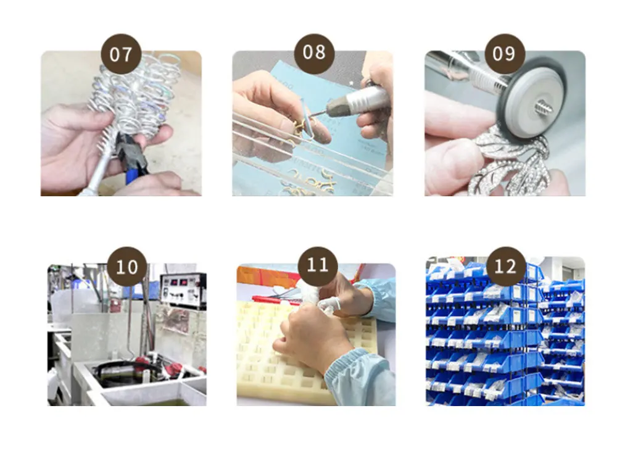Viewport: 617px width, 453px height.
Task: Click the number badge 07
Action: [x=121, y=54]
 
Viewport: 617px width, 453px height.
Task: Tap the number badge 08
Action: [x=314, y=53]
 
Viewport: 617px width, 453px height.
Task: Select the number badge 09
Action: [x=505, y=54]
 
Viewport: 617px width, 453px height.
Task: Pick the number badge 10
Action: [x=126, y=267]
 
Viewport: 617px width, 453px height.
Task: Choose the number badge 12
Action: [x=506, y=267]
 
